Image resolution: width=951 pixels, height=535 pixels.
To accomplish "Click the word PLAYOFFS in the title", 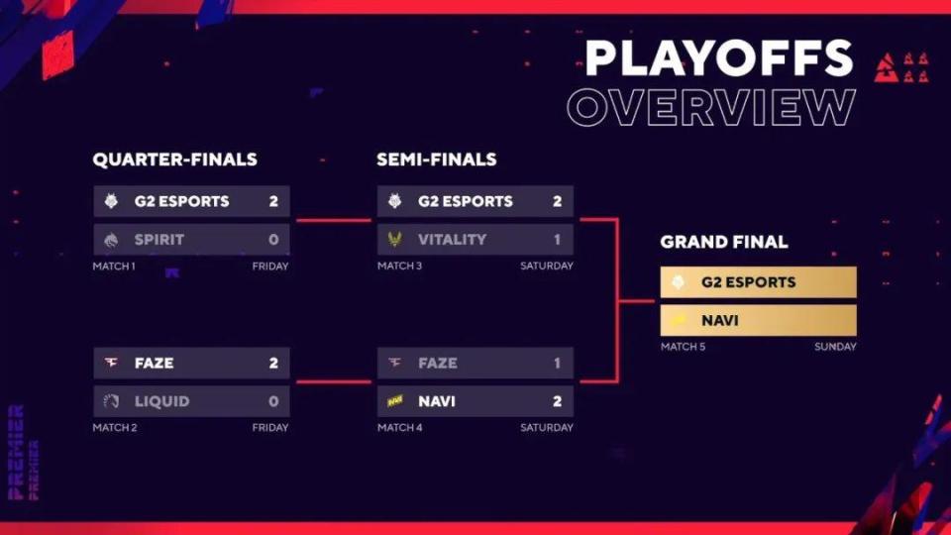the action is (719, 58).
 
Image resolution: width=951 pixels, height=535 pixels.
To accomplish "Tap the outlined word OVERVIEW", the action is (711, 107).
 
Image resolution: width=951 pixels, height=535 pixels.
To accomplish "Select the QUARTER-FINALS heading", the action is (174, 160).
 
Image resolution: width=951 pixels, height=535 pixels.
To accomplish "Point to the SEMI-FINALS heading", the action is (437, 160).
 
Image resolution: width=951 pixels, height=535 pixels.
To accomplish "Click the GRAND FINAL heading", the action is (724, 242).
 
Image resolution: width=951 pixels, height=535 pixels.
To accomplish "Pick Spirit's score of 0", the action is (273, 240).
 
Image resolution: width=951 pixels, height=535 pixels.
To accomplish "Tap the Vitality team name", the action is (452, 240).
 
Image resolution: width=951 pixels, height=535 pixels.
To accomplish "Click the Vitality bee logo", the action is (395, 239).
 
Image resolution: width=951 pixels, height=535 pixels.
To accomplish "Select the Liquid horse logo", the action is (111, 401).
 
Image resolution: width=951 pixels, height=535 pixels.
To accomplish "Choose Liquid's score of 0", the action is (273, 401).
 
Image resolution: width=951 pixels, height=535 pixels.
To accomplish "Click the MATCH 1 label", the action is (114, 267).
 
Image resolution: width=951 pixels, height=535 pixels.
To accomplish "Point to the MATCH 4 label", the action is (399, 428).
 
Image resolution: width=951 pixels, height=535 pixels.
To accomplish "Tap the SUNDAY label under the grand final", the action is (835, 347).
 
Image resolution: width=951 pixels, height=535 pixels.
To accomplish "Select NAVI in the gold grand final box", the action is (720, 320).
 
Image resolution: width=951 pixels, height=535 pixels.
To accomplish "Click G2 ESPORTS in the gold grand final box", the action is (749, 282).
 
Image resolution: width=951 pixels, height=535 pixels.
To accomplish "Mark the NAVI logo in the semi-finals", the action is (395, 401).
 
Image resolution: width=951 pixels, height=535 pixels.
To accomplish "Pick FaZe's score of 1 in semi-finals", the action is (557, 364).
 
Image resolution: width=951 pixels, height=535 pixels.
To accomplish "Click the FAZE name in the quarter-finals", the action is (155, 364).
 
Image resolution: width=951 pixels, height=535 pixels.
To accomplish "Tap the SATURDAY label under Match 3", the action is (547, 267).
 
